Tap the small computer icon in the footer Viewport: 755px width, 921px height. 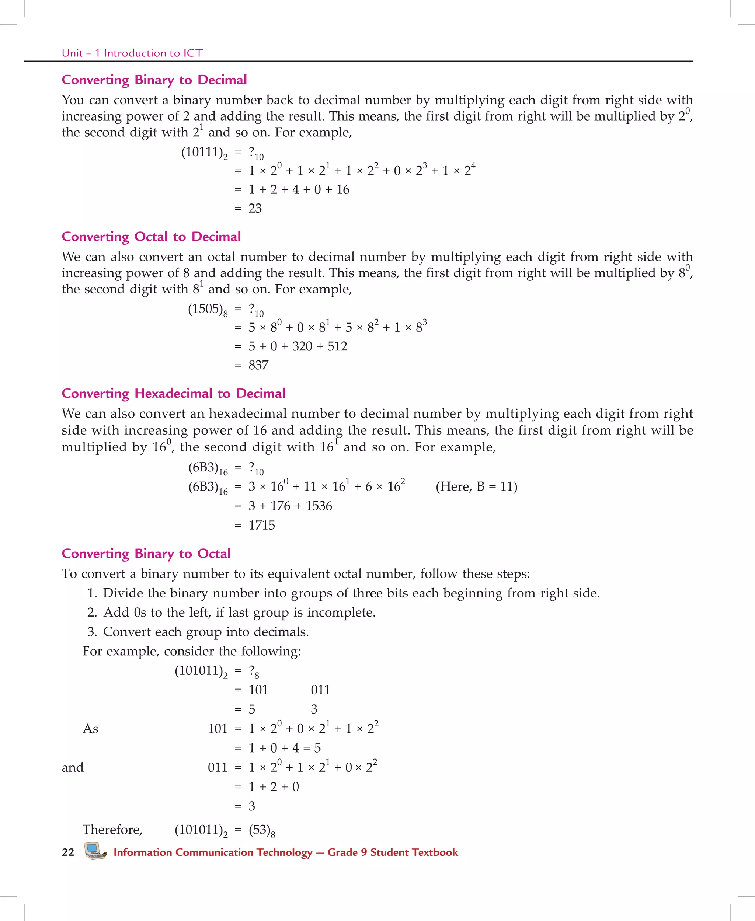click(95, 851)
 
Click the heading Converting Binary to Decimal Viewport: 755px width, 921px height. click(154, 80)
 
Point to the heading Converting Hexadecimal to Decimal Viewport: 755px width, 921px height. click(173, 393)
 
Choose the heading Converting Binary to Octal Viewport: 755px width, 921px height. click(146, 553)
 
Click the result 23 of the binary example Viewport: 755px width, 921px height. click(255, 208)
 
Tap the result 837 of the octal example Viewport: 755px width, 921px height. click(258, 365)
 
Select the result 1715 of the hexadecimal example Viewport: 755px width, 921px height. click(261, 525)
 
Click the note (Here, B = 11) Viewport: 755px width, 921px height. click(476, 486)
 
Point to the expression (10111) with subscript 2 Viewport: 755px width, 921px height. click(204, 153)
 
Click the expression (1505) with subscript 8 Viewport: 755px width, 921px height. click(208, 309)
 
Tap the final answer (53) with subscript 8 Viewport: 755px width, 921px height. click(261, 830)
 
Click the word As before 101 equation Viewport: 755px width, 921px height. click(90, 728)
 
